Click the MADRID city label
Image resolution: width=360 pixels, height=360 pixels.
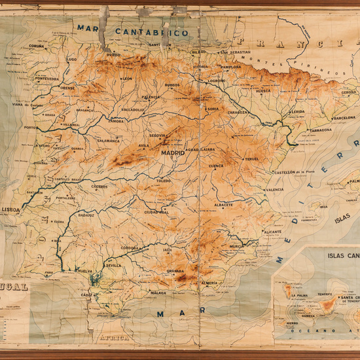coord(173,153)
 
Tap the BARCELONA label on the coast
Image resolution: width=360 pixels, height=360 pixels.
coord(344,118)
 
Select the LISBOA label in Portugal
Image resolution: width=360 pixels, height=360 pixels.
coord(11,209)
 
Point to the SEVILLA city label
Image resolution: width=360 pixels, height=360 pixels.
coord(114,266)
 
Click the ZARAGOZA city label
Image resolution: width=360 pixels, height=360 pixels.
coord(238,112)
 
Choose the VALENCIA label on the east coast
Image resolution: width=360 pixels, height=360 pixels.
coord(274,190)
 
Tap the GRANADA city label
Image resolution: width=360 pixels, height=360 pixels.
coord(175,270)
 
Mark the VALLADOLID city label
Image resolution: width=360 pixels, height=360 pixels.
coord(133,110)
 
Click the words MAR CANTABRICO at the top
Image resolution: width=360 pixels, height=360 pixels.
coord(132,30)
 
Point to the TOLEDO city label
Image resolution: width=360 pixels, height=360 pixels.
coord(163,181)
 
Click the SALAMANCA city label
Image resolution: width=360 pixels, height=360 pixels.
coord(109,140)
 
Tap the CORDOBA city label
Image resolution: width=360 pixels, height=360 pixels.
coord(130,248)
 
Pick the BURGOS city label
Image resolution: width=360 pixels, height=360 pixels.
coord(172,85)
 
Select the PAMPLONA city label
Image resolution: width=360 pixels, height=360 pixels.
coord(231,67)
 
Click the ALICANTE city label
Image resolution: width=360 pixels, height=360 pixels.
coord(272,232)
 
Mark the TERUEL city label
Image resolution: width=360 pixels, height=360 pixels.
coord(252,159)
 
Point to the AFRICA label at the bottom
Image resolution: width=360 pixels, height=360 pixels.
coord(114,338)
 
